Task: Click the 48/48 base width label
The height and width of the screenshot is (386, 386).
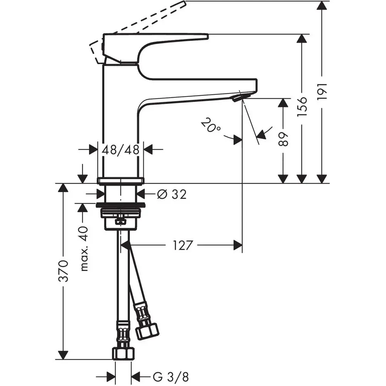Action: pos(120,150)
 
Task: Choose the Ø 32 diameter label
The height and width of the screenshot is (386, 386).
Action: pos(172,194)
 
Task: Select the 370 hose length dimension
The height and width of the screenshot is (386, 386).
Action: pos(64,271)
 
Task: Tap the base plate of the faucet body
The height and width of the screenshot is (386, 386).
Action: pos(120,180)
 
